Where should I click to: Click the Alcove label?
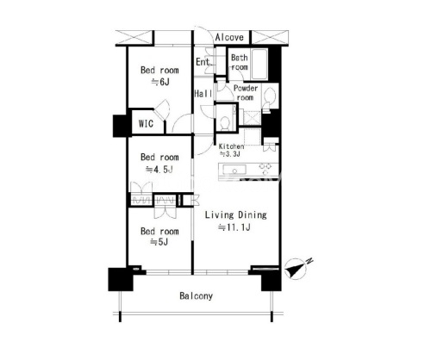point(229,37)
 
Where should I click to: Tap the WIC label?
point(146,124)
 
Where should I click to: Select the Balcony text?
point(197,296)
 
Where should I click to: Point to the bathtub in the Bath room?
point(259,65)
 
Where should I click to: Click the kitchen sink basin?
point(235,170)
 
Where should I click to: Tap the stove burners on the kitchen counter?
point(265,169)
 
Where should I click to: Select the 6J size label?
point(160,82)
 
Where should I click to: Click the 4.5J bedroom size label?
point(159,170)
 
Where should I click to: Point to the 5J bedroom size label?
point(159,242)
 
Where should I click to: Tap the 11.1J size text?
point(234,227)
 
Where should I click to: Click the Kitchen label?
point(231,146)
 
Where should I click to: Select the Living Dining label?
point(235,214)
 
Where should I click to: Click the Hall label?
point(203,94)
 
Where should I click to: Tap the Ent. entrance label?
point(203,61)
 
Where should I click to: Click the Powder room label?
point(246,93)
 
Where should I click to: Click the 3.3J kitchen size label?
point(230,154)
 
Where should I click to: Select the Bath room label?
point(240,62)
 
